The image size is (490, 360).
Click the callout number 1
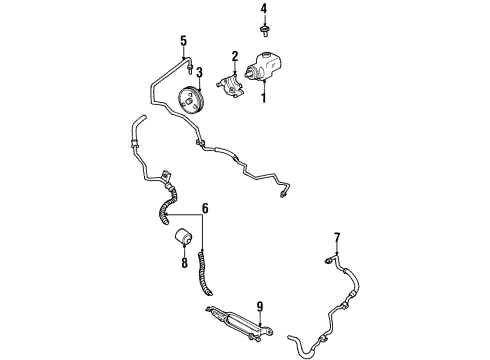263,99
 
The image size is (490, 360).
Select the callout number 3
199,71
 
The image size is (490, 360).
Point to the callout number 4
265,10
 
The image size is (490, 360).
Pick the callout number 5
183,41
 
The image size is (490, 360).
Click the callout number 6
206,209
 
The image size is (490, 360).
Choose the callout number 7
337,237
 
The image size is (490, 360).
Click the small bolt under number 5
189,66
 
